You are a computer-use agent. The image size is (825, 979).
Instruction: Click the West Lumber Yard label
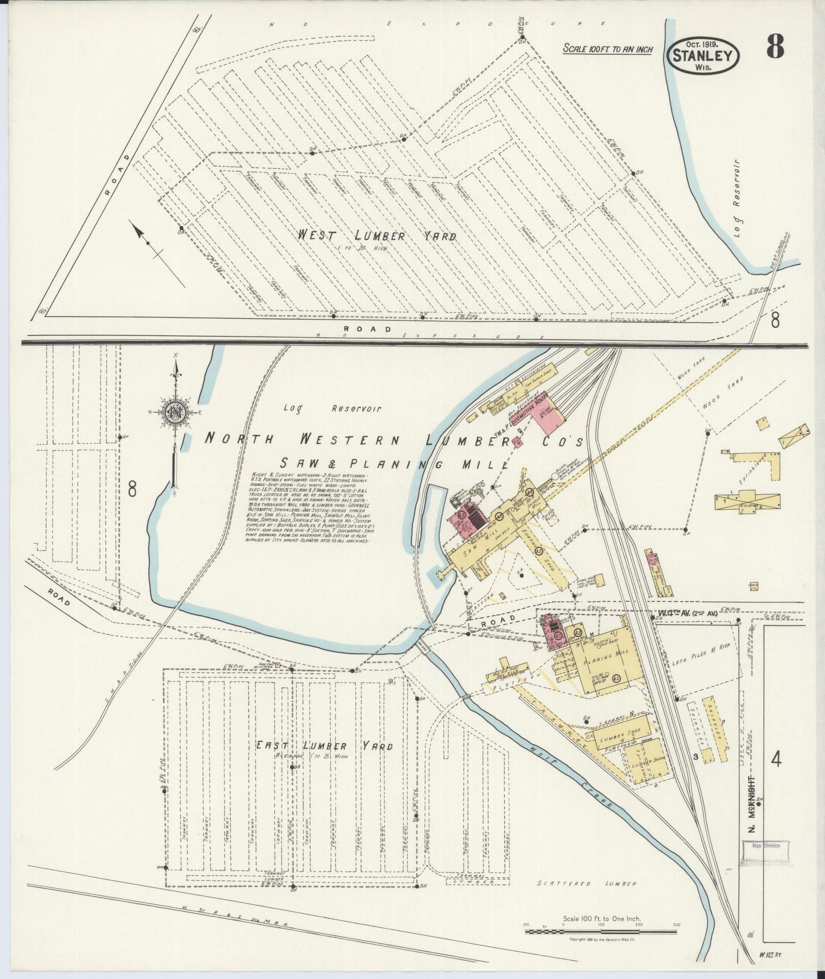(x=377, y=236)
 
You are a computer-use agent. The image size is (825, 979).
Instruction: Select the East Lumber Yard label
(x=323, y=746)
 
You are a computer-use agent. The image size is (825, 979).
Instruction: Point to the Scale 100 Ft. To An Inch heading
(x=607, y=49)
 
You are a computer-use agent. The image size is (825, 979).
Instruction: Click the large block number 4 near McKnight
(x=775, y=760)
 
